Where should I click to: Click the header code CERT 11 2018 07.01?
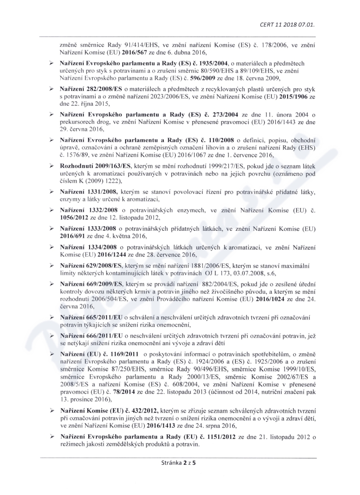[x=287, y=24]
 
